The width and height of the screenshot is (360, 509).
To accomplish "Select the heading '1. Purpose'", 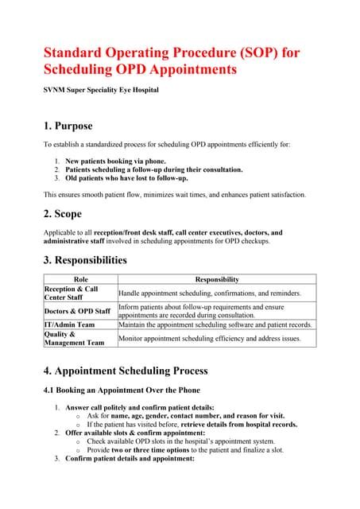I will [x=68, y=126].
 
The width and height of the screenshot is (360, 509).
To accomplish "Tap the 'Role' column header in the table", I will [x=80, y=279].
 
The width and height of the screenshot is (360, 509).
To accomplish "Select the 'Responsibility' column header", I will [x=216, y=279].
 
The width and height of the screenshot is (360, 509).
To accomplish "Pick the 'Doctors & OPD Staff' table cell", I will [x=77, y=311].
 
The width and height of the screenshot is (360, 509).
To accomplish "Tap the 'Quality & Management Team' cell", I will [x=75, y=339].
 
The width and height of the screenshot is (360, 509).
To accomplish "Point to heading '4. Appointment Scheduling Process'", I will [x=125, y=371].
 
